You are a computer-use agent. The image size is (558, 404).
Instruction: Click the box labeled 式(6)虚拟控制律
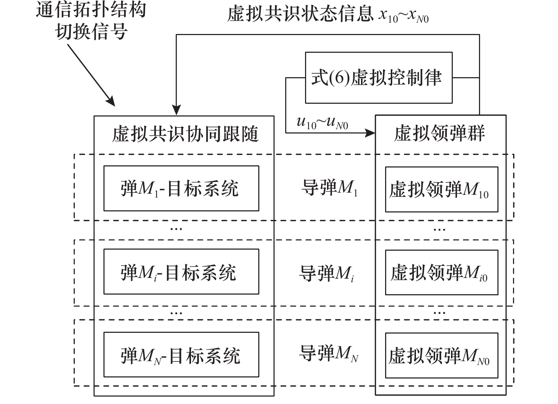378,78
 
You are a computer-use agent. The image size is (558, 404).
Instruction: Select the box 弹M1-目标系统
181,188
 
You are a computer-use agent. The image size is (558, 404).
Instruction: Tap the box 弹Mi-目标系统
181,272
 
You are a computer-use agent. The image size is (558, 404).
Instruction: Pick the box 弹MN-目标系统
181,355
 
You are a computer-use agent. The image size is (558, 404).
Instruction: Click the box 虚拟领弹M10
441,189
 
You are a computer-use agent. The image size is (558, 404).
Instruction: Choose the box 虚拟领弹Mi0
441,272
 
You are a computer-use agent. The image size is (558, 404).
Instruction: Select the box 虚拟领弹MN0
441,355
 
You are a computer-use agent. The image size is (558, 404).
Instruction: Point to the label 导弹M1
329,188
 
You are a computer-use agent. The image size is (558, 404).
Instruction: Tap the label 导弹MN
328,354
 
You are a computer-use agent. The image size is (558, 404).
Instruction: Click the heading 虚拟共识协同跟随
185,134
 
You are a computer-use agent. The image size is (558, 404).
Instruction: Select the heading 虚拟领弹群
439,133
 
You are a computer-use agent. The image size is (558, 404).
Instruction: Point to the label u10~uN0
322,123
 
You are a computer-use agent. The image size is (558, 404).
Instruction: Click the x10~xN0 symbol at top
403,16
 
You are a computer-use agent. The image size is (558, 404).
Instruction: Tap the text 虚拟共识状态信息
300,15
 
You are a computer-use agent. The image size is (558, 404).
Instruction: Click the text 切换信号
91,32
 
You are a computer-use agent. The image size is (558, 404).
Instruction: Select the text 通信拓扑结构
91,10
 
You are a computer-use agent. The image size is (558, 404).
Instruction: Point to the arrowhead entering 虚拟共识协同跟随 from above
176,110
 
